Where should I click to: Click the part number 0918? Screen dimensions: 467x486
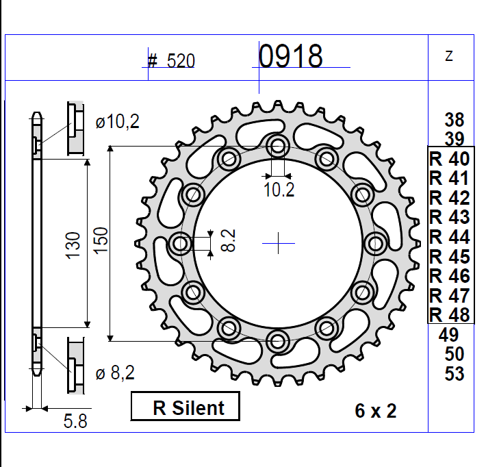click(290, 56)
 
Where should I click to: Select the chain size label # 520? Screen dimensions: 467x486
click(171, 62)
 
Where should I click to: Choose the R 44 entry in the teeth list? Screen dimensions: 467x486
click(449, 237)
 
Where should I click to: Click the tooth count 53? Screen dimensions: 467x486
click(454, 374)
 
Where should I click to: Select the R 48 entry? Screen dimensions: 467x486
click(449, 315)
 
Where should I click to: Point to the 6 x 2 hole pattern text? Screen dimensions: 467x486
click(376, 411)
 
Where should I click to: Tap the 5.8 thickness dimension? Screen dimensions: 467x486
click(75, 422)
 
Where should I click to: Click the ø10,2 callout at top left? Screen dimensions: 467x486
click(117, 123)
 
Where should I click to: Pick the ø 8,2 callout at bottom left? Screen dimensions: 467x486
click(115, 373)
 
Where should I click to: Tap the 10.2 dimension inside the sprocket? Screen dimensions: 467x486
click(279, 190)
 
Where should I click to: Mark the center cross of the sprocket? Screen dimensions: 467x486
click(279, 242)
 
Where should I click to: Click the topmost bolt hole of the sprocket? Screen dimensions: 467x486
click(278, 145)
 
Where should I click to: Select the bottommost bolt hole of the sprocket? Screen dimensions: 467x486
click(278, 339)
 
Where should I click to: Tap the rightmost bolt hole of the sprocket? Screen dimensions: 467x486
click(375, 242)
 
